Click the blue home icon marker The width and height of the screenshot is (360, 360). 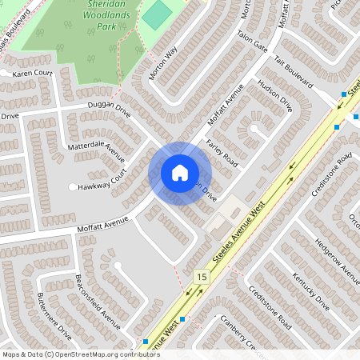tap(179, 173)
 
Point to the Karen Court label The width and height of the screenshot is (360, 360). tap(32, 73)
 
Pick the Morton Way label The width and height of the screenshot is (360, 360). tap(163, 64)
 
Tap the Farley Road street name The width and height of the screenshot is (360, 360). tap(222, 151)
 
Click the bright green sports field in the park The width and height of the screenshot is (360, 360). tap(158, 14)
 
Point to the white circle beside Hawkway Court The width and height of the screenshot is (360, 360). tap(73, 187)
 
